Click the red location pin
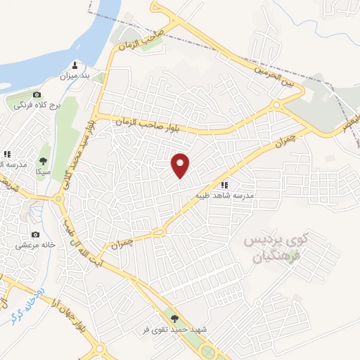(181, 165)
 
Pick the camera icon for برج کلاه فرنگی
(37, 95)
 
